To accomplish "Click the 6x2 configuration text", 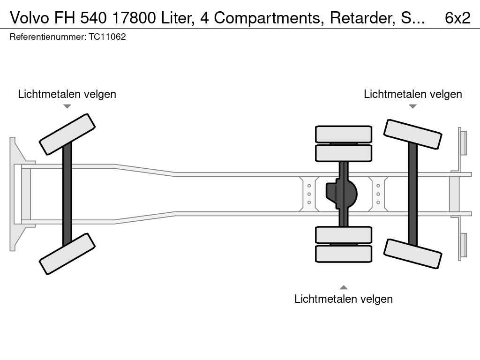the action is (457, 18).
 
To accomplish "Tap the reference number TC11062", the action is (107, 37).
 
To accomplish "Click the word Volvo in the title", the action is (30, 18).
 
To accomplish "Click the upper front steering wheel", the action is (67, 135).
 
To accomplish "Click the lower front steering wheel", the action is (67, 254).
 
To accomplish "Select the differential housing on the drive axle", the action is (341, 194).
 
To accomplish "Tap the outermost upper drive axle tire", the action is (344, 134).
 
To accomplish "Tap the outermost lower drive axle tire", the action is (344, 254).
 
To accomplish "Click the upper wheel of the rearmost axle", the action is (412, 134).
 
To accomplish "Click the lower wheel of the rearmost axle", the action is (412, 254).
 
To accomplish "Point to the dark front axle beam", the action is (67, 194).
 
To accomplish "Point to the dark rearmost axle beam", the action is (412, 194).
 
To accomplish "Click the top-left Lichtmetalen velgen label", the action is (67, 94).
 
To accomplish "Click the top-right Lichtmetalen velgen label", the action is (413, 94).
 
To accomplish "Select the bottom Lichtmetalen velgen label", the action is (344, 299).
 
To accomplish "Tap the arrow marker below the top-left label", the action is (67, 106).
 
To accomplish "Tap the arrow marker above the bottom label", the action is (344, 287).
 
